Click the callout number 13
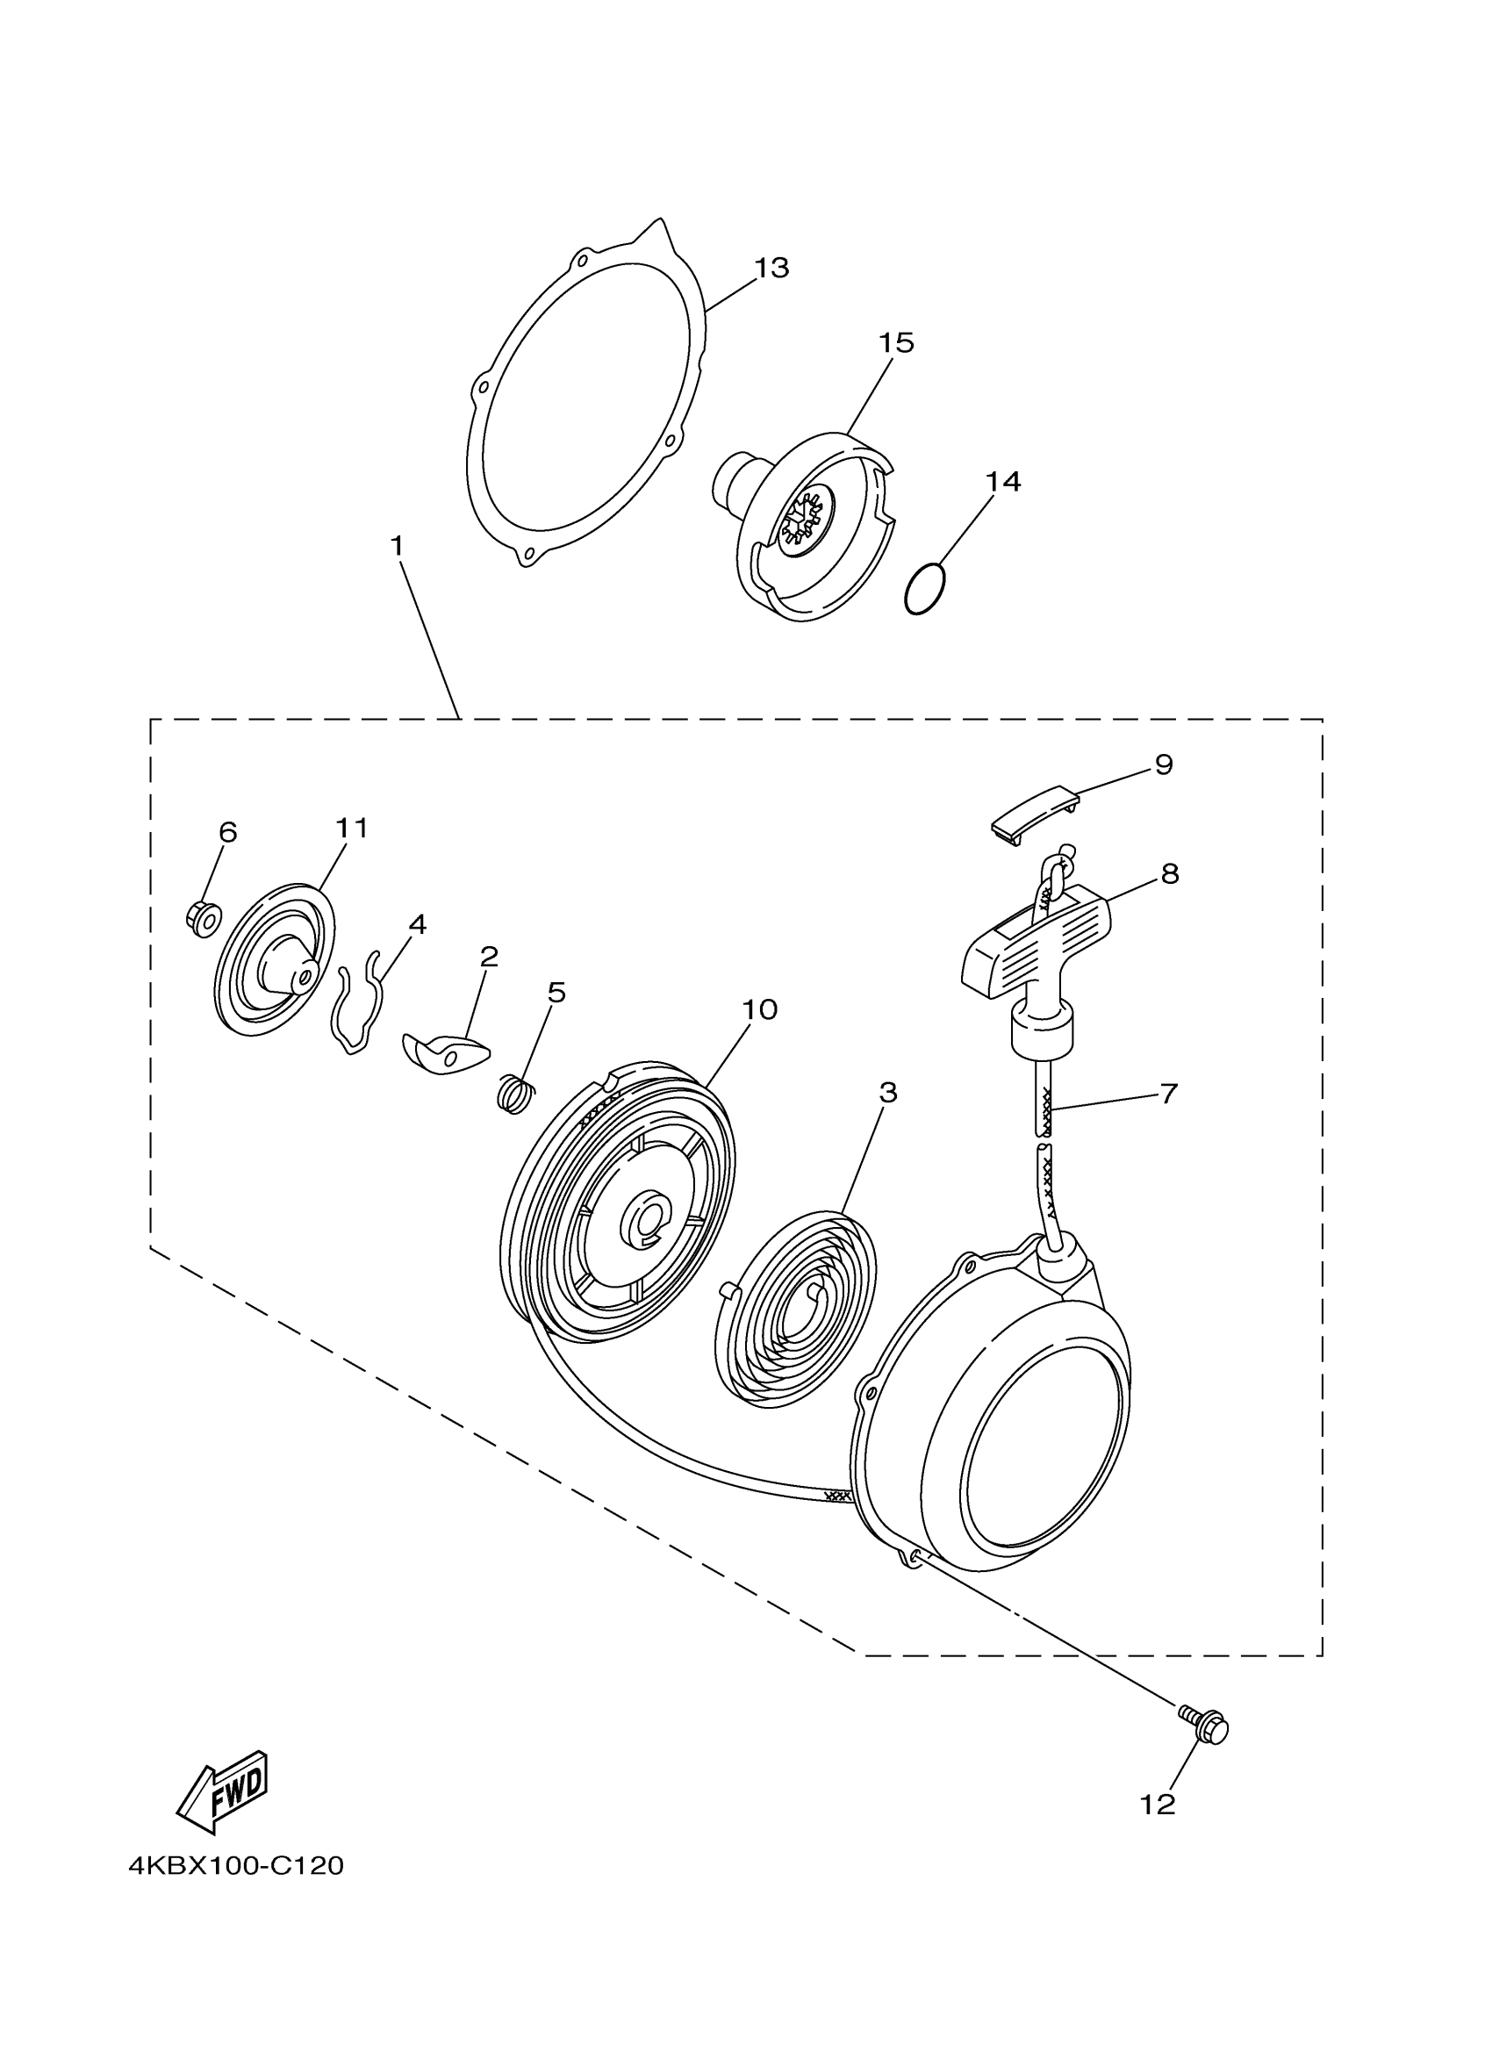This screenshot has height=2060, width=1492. pyautogui.click(x=771, y=269)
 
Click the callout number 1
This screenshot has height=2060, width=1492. pyautogui.click(x=397, y=547)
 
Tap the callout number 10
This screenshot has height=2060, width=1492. pyautogui.click(x=759, y=1010)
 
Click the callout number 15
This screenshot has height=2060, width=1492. pyautogui.click(x=895, y=343)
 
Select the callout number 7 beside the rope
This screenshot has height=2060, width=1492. pyautogui.click(x=1169, y=1093)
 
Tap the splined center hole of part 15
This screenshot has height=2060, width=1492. pyautogui.click(x=805, y=521)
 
